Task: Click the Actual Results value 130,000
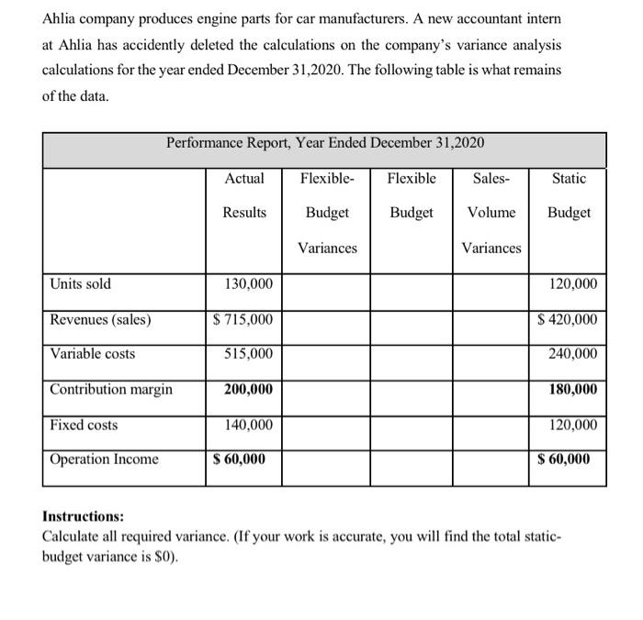pyautogui.click(x=248, y=284)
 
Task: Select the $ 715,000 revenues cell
pyautogui.click(x=242, y=319)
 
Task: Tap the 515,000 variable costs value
pyautogui.click(x=248, y=354)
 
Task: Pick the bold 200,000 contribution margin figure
pyautogui.click(x=248, y=390)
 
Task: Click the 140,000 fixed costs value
pyautogui.click(x=248, y=425)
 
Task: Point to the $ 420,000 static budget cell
pyautogui.click(x=566, y=319)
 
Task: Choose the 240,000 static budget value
pyautogui.click(x=572, y=354)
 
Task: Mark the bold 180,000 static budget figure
pyautogui.click(x=572, y=390)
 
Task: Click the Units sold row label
pyautogui.click(x=80, y=284)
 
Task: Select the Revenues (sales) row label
pyautogui.click(x=101, y=319)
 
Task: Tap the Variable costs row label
pyautogui.click(x=92, y=354)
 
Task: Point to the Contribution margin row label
pyautogui.click(x=111, y=390)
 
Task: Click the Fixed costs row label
pyautogui.click(x=85, y=425)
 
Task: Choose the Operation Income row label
pyautogui.click(x=104, y=459)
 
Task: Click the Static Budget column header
pyautogui.click(x=570, y=195)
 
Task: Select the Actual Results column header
pyautogui.click(x=244, y=195)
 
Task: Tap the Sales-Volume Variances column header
pyautogui.click(x=491, y=213)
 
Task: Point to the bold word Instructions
pyautogui.click(x=84, y=516)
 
